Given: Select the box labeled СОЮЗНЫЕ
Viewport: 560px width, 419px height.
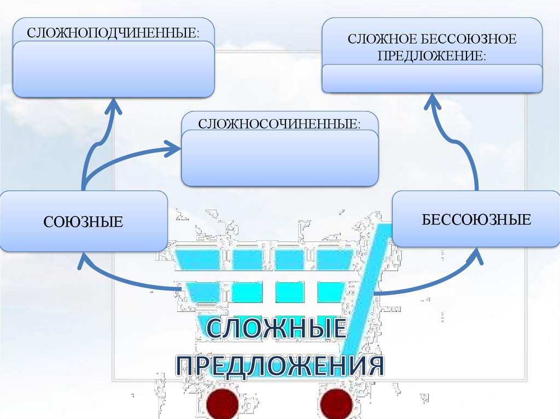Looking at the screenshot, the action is point(83,221).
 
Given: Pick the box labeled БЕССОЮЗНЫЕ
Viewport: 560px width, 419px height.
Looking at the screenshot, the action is point(476,220).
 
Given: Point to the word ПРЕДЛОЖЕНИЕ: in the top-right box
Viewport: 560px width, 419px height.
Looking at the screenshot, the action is point(432,56).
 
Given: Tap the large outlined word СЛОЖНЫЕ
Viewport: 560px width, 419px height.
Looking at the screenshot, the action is point(277,331).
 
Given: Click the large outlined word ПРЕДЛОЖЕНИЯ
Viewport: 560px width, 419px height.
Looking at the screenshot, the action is point(279,365).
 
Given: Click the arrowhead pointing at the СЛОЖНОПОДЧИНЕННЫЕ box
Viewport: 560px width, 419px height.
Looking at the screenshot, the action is point(113,106).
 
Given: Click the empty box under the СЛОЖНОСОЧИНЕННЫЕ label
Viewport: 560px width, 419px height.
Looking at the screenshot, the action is point(279,159).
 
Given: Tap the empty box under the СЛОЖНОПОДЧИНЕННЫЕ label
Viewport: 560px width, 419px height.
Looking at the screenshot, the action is point(113,69).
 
